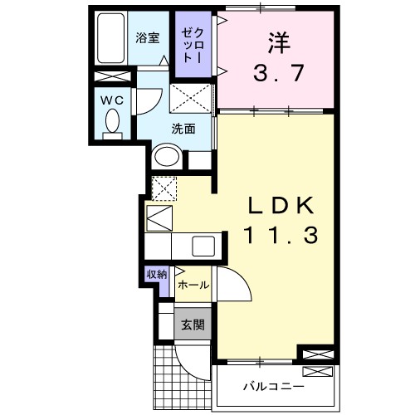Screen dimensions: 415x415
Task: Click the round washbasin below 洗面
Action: [x=168, y=156]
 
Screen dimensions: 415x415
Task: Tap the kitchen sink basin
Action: [x=203, y=245]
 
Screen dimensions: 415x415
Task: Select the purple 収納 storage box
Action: [x=157, y=274]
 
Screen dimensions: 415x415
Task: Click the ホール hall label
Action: [x=193, y=285]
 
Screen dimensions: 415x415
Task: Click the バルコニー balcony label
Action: [x=273, y=387]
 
